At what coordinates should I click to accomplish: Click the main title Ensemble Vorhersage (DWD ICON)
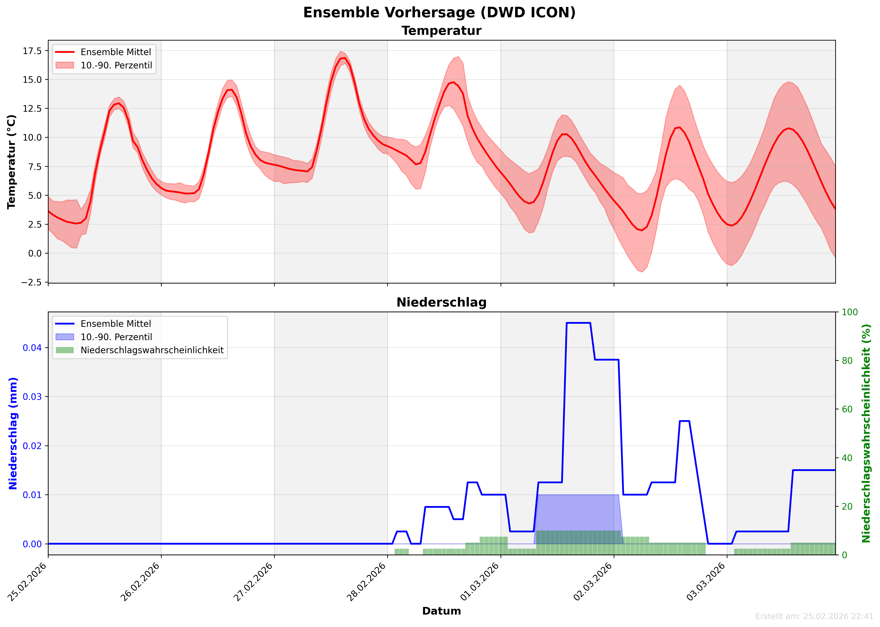pyautogui.click(x=439, y=13)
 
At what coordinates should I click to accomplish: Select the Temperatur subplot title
pyautogui.click(x=441, y=31)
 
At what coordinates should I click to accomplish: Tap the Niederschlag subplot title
pyautogui.click(x=441, y=302)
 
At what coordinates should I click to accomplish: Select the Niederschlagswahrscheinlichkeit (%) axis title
pyautogui.click(x=866, y=433)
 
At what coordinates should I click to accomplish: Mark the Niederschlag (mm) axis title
pyautogui.click(x=13, y=433)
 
